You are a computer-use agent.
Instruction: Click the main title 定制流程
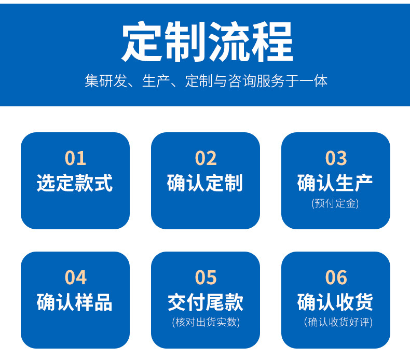point(207,42)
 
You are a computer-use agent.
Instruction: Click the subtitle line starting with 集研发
point(206,81)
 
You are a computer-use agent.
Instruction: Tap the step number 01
point(75,158)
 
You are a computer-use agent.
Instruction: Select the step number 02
point(206,158)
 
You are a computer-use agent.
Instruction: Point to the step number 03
point(336,158)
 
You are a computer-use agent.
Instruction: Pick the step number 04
point(75,278)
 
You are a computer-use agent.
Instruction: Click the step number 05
point(206,278)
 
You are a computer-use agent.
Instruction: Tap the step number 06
point(336,278)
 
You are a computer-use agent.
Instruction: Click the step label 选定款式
point(75,183)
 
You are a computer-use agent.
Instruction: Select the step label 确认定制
point(205,183)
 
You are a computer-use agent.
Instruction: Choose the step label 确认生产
point(335,183)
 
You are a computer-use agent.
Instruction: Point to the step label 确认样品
point(75,302)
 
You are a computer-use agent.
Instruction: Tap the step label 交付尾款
point(206,302)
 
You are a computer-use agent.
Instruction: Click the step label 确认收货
point(335,302)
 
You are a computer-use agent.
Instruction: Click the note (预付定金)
point(335,203)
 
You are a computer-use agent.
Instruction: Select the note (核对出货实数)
point(206,322)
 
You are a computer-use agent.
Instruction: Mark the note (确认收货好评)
point(338,322)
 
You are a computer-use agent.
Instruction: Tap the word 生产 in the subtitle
point(156,81)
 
